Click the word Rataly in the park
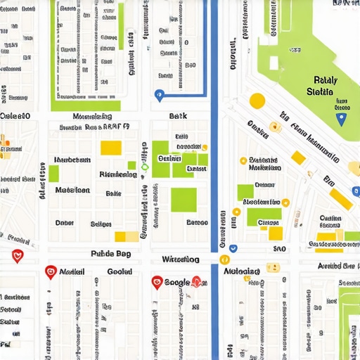[325, 80]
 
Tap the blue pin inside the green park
[342, 119]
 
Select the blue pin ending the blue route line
[159, 95]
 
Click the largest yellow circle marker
[257, 101]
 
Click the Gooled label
[119, 271]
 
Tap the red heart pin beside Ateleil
[51, 271]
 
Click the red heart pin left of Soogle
[157, 283]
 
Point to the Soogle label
[176, 283]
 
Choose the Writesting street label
[181, 259]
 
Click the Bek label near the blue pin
[177, 116]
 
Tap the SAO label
[279, 249]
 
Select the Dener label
[64, 223]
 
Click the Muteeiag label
[241, 271]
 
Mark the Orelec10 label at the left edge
[15, 116]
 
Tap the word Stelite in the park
[322, 92]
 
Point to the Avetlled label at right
[335, 266]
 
